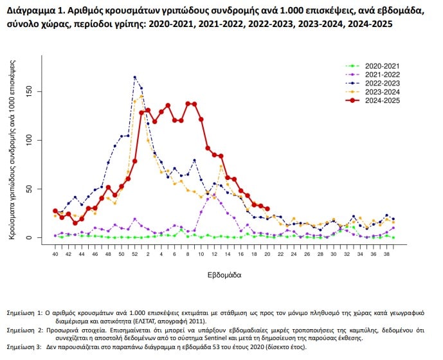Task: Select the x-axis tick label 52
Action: point(134,255)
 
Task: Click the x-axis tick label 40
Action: point(55,255)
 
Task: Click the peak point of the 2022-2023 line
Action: point(134,78)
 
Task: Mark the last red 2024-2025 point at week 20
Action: point(266,208)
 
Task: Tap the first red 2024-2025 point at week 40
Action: point(55,211)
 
